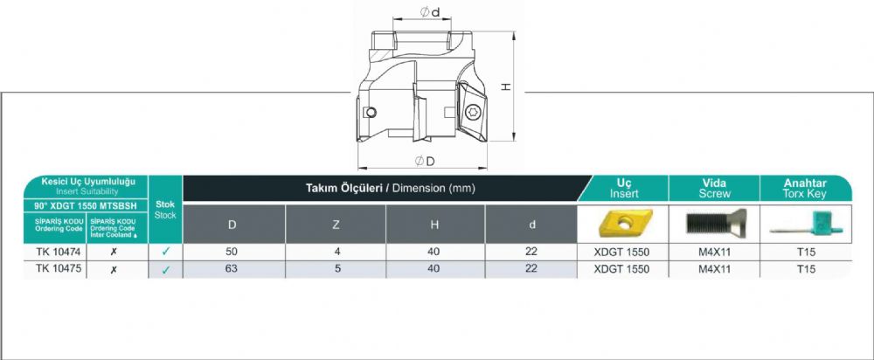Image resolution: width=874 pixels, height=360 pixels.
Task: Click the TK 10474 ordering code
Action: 54,252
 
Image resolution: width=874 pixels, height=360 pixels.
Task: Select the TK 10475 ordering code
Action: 54,268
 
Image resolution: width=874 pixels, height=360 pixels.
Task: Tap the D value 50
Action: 232,252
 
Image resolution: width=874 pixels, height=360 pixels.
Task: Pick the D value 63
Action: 232,268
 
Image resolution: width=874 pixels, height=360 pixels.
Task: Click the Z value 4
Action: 336,252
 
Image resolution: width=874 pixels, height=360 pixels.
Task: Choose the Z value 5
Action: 336,268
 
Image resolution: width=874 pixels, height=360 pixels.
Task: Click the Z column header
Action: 336,224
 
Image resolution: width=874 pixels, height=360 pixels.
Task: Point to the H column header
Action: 435,224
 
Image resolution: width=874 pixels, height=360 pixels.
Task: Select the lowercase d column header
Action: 531,224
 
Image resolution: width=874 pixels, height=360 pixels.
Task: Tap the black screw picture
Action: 715,224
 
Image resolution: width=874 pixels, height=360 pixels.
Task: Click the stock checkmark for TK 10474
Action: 165,252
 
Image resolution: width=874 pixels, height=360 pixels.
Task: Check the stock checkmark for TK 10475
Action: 165,270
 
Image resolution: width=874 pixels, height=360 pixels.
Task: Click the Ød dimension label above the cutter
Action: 430,11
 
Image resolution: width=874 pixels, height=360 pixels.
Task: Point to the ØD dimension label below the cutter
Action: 425,161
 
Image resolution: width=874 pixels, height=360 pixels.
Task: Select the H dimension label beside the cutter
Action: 505,87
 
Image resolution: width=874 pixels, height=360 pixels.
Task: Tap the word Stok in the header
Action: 165,204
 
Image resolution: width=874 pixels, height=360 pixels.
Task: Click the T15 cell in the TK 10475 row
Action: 806,268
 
